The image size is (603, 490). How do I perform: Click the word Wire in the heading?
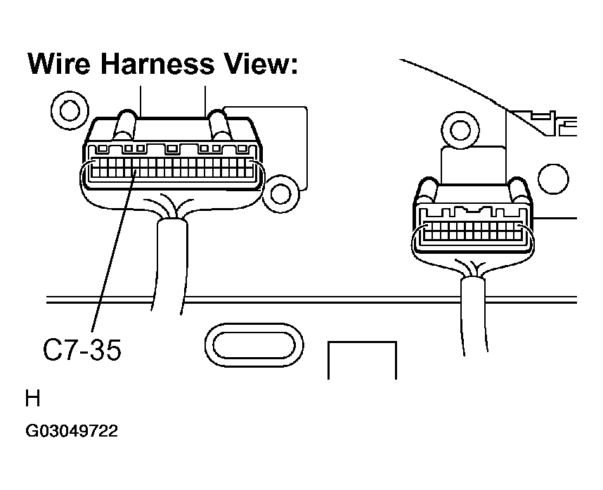pyautogui.click(x=59, y=63)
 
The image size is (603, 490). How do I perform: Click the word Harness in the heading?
pyautogui.click(x=157, y=63)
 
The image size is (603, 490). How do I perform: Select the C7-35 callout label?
pyautogui.click(x=82, y=349)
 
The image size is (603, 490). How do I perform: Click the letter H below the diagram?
pyautogui.click(x=33, y=399)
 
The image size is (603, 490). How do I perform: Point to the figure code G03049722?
pyautogui.click(x=72, y=431)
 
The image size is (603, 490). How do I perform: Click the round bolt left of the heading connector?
pyautogui.click(x=70, y=110)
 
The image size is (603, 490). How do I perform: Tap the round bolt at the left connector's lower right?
pyautogui.click(x=280, y=193)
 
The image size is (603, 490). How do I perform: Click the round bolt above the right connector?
pyautogui.click(x=460, y=130)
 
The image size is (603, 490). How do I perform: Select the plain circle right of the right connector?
pyautogui.click(x=553, y=179)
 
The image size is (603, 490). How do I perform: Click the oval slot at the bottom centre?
pyautogui.click(x=254, y=345)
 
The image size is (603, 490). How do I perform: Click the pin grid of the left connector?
pyautogui.click(x=172, y=168)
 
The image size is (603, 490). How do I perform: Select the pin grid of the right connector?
pyautogui.click(x=473, y=231)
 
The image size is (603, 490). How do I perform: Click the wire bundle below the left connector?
pyautogui.click(x=169, y=265)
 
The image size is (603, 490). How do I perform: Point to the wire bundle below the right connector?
pyautogui.click(x=473, y=316)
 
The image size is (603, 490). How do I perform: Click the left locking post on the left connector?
pyautogui.click(x=124, y=125)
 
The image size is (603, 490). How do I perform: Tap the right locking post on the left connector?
pyautogui.click(x=219, y=125)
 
